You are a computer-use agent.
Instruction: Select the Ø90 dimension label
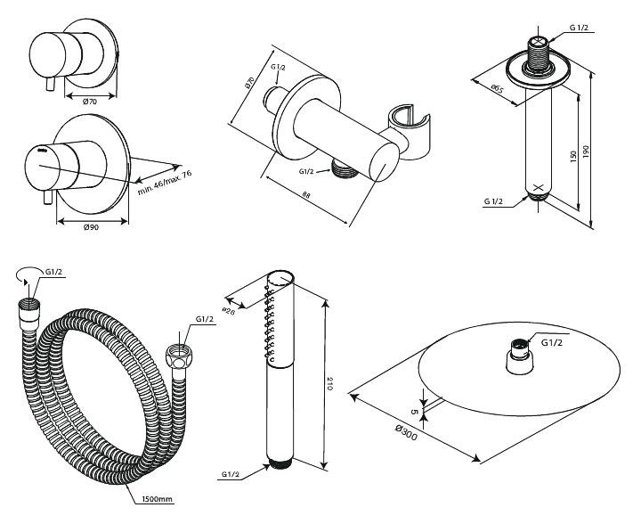[x=90, y=227]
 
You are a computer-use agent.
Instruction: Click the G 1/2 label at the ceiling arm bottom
[x=495, y=202]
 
